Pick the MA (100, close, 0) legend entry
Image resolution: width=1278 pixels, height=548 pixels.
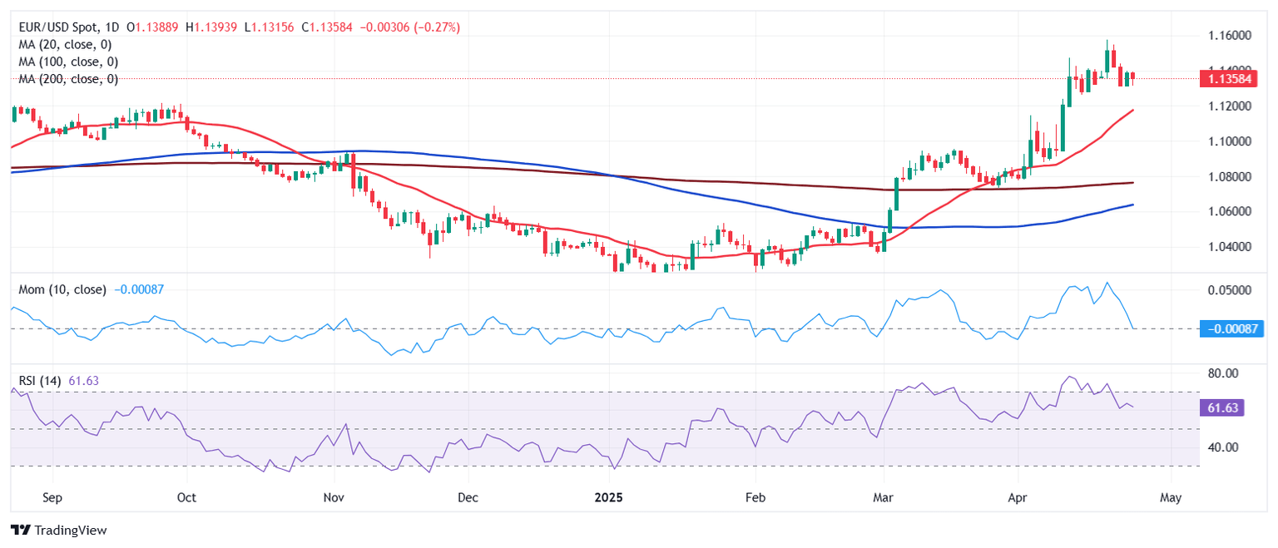coord(68,62)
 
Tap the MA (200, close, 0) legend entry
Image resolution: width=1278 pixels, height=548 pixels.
coord(68,80)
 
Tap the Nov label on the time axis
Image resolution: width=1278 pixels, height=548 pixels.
coord(334,498)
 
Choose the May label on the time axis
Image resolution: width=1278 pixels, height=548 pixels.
coord(1170,498)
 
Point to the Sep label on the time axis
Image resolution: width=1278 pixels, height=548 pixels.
coord(52,498)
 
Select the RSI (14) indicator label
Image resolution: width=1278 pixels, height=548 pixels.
coord(40,381)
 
